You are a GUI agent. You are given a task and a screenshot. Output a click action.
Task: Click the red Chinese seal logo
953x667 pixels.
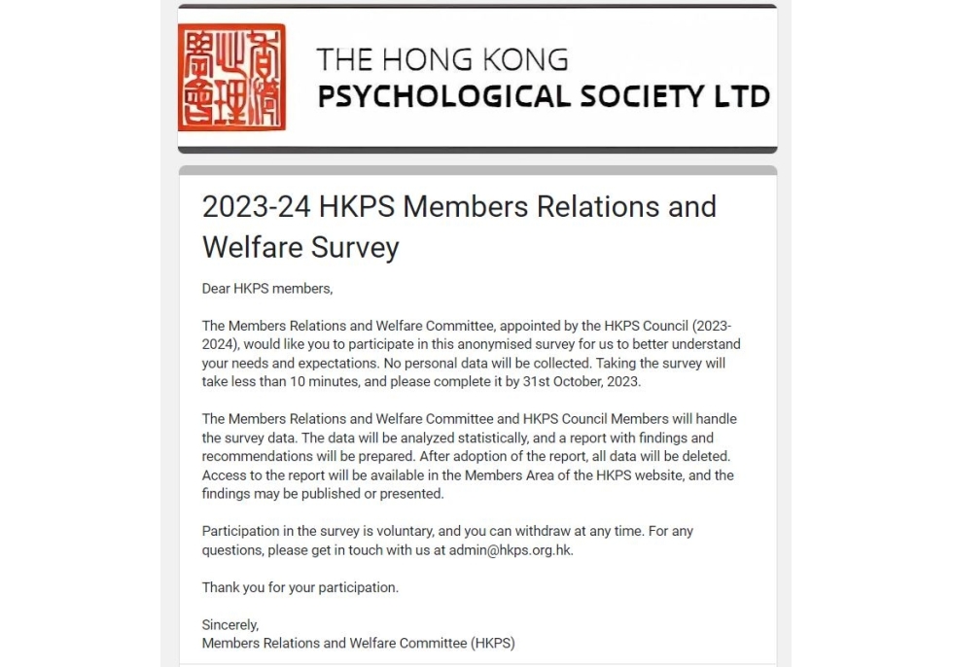[231, 78]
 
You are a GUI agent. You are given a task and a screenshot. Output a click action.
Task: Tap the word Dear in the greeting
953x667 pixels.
[216, 289]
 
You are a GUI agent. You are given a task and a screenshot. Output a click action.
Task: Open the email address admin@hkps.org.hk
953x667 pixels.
[517, 549]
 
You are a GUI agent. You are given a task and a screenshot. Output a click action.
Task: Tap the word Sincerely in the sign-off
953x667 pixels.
[230, 624]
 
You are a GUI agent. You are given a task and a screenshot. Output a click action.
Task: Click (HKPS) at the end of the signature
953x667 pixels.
[492, 643]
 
